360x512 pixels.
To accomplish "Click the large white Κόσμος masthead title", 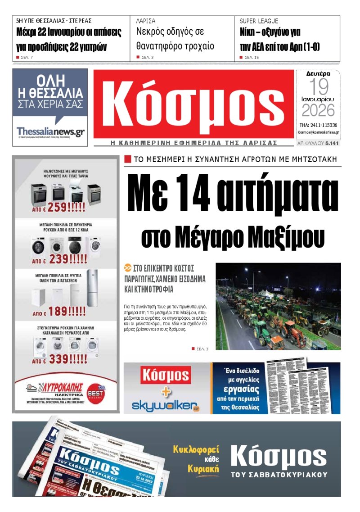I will click(193, 106).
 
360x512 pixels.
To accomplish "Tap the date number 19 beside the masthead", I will click(318, 87).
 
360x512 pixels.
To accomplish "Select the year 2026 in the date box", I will click(318, 110).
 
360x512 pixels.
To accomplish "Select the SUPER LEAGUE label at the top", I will click(259, 21).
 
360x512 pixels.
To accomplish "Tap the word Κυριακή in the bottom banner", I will click(203, 469).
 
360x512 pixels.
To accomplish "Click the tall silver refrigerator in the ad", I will click(92, 288).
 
